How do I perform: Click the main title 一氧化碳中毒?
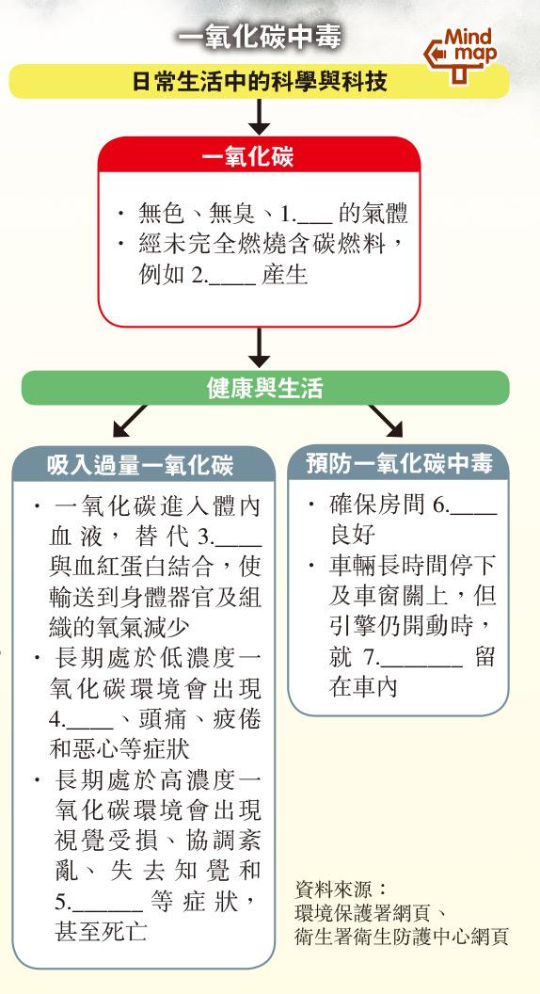[260, 38]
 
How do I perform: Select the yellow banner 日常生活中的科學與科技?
[260, 82]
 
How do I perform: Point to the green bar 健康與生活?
[265, 388]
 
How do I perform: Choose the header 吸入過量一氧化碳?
[140, 467]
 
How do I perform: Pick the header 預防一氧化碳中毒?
[399, 463]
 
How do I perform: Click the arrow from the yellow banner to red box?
[260, 117]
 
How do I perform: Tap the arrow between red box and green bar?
[260, 346]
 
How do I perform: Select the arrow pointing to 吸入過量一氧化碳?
[130, 422]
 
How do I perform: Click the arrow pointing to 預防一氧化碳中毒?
[386, 422]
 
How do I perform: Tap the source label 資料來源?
[341, 889]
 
